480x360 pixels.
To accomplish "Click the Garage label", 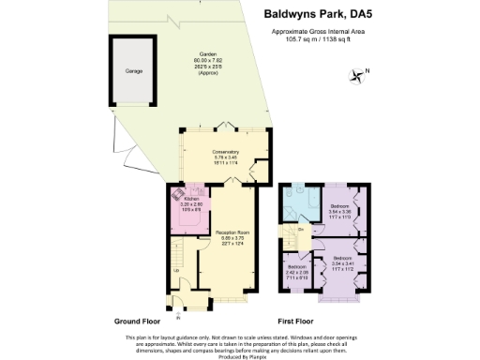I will coord(135,70).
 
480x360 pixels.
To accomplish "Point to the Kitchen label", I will coord(192,199).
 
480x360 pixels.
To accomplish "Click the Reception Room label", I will coord(232,232).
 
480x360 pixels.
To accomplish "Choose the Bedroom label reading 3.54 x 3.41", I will coord(348,262).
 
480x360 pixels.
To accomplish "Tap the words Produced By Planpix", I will coord(240,353).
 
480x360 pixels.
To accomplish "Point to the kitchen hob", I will coord(175,198).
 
